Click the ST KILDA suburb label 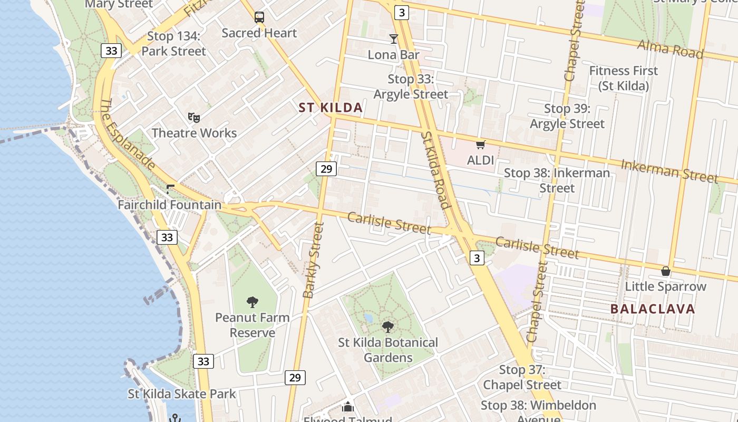(331, 108)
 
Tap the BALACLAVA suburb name (653, 309)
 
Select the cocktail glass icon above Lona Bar (393, 39)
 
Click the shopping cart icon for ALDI (480, 144)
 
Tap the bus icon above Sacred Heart (259, 17)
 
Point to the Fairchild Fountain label (169, 204)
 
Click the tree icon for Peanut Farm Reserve (253, 302)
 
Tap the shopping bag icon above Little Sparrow (666, 271)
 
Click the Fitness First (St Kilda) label (623, 78)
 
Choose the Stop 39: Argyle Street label (567, 116)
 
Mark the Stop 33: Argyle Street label (411, 87)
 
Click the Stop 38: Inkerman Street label (557, 180)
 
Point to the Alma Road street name (670, 49)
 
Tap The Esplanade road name (127, 135)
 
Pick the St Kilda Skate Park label (182, 394)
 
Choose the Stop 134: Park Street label (173, 44)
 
